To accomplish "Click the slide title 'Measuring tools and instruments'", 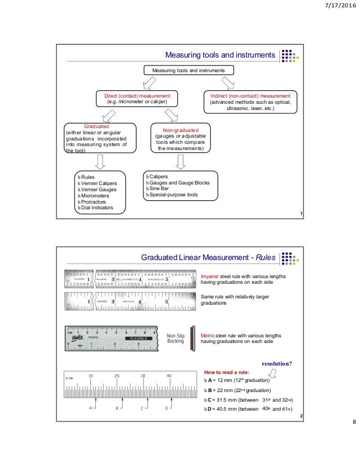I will pyautogui.click(x=219, y=55).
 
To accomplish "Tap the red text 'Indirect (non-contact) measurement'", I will pyautogui.click(x=250, y=96).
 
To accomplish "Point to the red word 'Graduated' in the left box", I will pyautogui.click(x=96, y=127).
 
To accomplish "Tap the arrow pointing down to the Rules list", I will pyautogui.click(x=100, y=162).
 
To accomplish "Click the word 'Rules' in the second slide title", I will pyautogui.click(x=265, y=258).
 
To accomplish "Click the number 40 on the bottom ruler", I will pyautogui.click(x=168, y=375).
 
